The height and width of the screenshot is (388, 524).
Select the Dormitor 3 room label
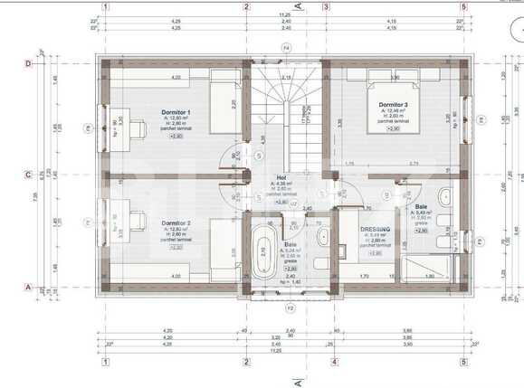pos(393,104)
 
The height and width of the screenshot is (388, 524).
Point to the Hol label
pos(281,177)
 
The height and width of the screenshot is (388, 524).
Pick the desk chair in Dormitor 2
pos(138,218)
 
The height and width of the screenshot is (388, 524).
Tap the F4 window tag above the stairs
pos(286,46)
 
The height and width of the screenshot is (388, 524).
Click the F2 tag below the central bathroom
pos(291,308)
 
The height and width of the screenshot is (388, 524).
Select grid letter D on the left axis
pos(28,64)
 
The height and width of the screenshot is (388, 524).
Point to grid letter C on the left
pos(28,175)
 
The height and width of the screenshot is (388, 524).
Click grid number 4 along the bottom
pos(334,362)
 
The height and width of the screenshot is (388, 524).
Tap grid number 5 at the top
pos(463,6)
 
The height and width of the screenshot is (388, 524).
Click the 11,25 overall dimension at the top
pos(284,15)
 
